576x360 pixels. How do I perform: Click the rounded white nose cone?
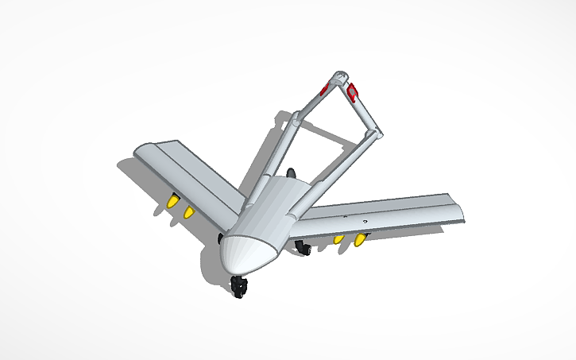[248, 254]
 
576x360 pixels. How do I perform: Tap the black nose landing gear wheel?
[238, 287]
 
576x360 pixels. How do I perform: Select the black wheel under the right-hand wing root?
[303, 248]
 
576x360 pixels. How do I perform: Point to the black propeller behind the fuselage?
[292, 173]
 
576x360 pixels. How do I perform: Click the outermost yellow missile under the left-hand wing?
[171, 204]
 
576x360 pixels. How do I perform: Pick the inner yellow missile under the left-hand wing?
[189, 212]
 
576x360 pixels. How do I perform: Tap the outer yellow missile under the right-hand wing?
[361, 239]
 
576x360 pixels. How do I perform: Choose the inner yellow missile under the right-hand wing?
[338, 238]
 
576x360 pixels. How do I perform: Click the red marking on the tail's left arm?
[323, 88]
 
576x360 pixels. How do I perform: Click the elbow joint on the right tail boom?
[377, 136]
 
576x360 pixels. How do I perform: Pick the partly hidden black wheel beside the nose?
[221, 238]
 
